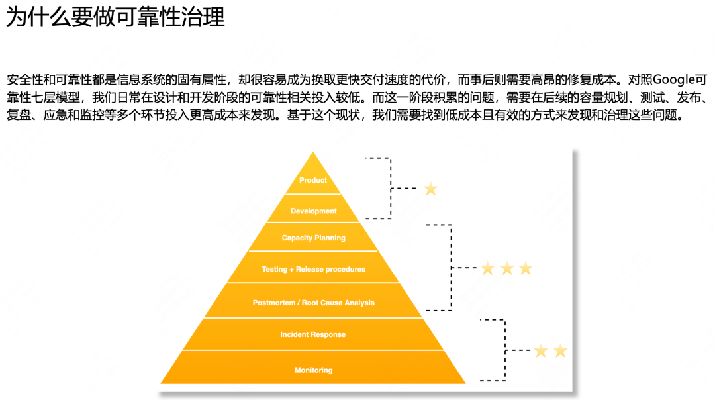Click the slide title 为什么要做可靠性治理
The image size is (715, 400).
tap(115, 17)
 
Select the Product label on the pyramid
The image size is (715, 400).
tap(313, 180)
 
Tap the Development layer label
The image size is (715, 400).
tap(314, 211)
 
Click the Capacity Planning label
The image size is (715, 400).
tap(313, 238)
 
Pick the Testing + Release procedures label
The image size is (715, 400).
tap(313, 270)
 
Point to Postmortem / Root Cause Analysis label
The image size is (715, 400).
tap(313, 303)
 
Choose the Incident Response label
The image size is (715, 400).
tap(312, 335)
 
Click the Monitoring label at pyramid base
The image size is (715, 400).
tap(313, 370)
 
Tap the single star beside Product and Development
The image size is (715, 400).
tap(431, 189)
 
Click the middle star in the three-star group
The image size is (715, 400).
tap(507, 268)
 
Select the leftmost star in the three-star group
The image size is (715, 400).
tap(488, 268)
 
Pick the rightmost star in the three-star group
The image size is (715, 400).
tap(526, 268)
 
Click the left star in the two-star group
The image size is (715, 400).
tap(541, 351)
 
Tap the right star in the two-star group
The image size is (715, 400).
tap(560, 351)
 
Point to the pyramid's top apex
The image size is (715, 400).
tap(314, 154)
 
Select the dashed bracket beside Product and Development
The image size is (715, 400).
tap(391, 189)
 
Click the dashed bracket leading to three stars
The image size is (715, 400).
tap(452, 268)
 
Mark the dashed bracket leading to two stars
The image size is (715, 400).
tap(505, 350)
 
